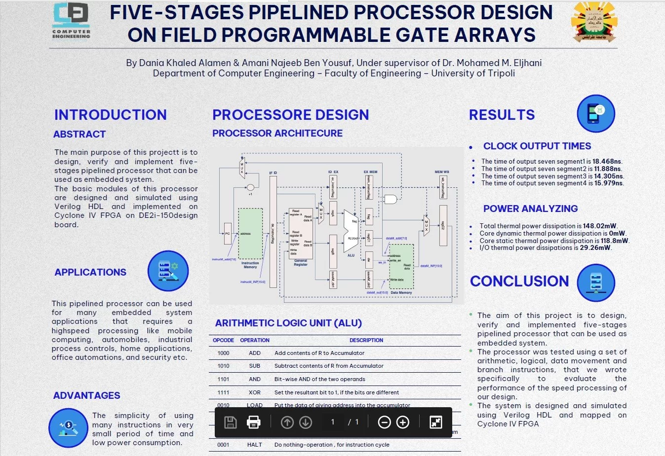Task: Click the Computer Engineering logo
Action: coord(71,20)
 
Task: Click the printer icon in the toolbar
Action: coord(253,422)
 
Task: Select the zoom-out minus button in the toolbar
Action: coord(384,422)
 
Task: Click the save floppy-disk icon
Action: coord(231,422)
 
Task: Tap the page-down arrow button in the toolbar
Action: coord(306,422)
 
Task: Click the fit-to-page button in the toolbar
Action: coord(435,422)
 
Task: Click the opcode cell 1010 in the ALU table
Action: coord(223,366)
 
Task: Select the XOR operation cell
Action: coord(255,392)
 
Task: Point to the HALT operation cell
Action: coord(255,445)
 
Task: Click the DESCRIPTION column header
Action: coord(366,340)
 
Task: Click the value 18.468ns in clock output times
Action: coord(607,161)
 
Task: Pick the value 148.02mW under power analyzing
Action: coord(599,226)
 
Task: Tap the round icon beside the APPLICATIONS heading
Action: coord(168,271)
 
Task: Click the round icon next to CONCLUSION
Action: coord(596,282)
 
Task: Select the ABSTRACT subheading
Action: coord(79,134)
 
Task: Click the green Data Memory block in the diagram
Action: coord(401,266)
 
